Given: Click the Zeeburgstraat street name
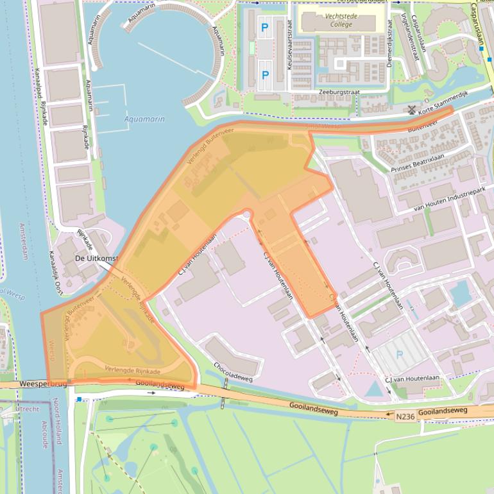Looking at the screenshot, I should [339, 92].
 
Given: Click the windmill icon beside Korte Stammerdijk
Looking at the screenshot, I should [411, 110].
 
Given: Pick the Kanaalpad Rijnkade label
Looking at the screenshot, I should [43, 96].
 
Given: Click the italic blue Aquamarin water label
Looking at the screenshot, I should [144, 119].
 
